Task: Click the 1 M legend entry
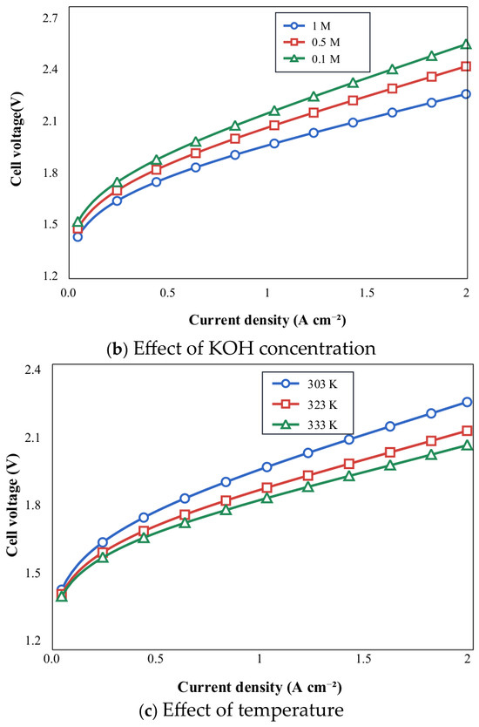point(308,26)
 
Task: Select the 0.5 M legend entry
point(312,43)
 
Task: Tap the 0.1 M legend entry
point(312,59)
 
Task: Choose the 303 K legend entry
point(306,384)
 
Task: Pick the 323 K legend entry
point(306,404)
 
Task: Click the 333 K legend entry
point(306,425)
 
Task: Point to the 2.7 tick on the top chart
point(52,18)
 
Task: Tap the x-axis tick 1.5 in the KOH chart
point(367,293)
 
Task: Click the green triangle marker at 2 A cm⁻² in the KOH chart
point(466,44)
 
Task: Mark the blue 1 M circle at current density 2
point(466,94)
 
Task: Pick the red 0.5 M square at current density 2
point(466,67)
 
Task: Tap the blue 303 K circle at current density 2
point(467,402)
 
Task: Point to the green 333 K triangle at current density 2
point(467,445)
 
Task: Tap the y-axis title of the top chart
point(17,139)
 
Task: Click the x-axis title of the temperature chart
point(260,687)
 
